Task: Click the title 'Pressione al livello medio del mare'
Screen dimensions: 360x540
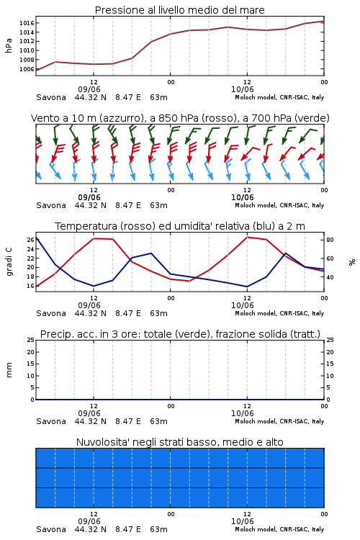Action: (x=179, y=10)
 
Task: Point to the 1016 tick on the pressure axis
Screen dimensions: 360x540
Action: (x=27, y=23)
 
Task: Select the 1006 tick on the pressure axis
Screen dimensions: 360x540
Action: (x=27, y=69)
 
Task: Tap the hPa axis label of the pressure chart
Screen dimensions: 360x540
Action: (x=9, y=45)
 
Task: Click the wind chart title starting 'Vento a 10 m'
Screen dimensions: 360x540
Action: (x=180, y=118)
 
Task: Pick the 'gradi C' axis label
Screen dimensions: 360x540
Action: (x=9, y=262)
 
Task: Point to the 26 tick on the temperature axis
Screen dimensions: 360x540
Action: (x=31, y=240)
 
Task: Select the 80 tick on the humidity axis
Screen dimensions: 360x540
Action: (x=330, y=240)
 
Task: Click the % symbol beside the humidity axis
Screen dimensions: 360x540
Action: (x=352, y=262)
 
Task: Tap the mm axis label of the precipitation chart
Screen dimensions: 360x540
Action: (x=9, y=370)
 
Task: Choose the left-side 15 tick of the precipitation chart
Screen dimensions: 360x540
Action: (x=31, y=364)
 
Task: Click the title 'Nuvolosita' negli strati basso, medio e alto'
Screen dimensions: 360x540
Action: (x=179, y=442)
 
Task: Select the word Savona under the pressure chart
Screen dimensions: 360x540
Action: (x=51, y=97)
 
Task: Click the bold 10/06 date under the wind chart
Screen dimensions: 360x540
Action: (x=243, y=198)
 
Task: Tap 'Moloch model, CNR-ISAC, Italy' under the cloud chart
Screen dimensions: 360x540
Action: (x=279, y=529)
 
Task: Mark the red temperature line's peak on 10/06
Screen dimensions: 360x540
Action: (x=247, y=237)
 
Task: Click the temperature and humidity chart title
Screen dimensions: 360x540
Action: (x=179, y=226)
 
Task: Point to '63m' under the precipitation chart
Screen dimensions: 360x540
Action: (x=159, y=421)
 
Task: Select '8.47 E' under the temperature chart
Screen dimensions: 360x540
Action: (x=128, y=313)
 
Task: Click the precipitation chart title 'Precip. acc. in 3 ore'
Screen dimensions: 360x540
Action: (x=180, y=334)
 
